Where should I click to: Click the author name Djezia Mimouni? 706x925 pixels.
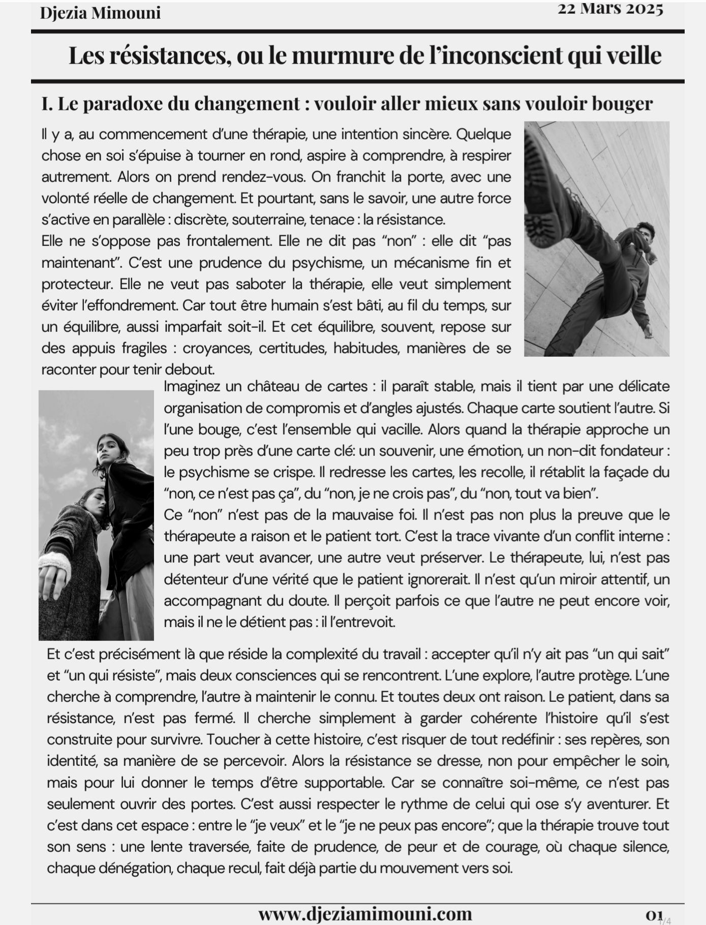(100, 13)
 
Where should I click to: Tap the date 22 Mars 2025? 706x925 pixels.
(610, 9)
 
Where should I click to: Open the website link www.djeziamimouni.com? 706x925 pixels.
(365, 913)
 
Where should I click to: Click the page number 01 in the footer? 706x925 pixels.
(654, 913)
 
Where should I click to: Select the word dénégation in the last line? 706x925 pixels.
(137, 868)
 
